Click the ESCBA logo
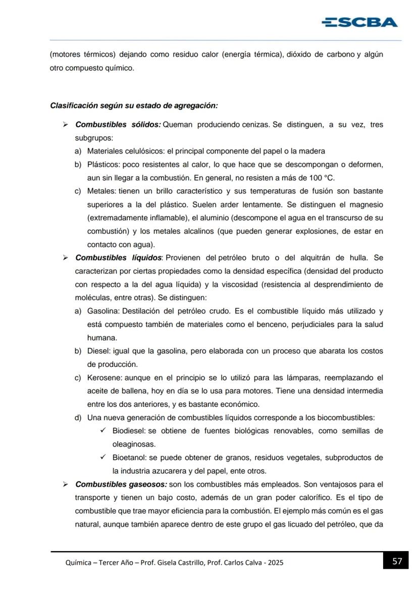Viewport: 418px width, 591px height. coord(359,22)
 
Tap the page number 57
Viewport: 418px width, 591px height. coord(397,561)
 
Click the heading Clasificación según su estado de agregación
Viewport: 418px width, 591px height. coord(134,105)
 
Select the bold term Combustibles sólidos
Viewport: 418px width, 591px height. coord(118,124)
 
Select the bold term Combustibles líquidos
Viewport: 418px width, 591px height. coord(119,258)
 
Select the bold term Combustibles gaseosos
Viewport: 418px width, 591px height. coord(121,485)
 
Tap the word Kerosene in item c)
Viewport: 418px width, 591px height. coord(104,378)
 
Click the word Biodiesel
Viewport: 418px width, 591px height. coord(128,431)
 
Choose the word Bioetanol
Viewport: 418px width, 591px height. coord(128,458)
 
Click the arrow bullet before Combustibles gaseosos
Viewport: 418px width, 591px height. coord(65,485)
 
